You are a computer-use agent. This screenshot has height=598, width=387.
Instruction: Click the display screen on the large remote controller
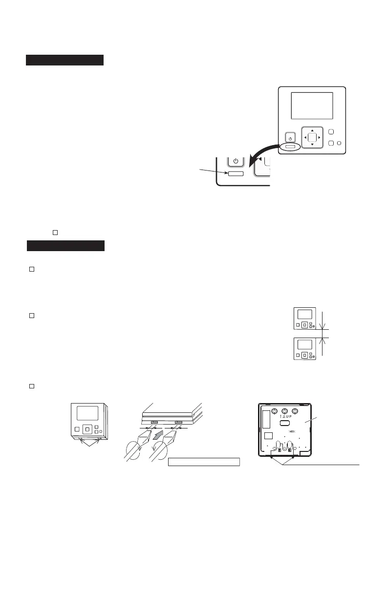312,106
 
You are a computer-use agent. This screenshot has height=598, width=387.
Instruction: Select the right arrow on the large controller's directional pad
319,138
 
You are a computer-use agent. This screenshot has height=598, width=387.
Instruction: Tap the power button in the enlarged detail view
236,161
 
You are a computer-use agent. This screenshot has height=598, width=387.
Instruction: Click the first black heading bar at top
64,60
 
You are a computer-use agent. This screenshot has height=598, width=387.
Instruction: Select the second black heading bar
65,246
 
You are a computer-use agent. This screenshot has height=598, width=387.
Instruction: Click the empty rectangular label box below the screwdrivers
204,462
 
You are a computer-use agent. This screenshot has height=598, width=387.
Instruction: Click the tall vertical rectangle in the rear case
266,419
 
